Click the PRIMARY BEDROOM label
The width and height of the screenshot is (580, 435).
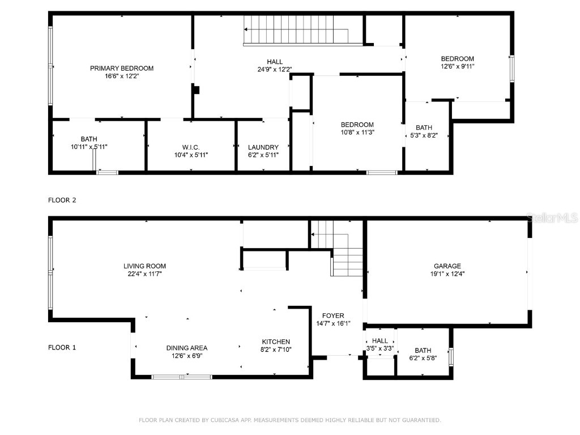(x=122, y=68)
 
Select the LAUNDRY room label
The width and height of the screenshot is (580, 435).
(x=263, y=147)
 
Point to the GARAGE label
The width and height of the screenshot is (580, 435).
(x=447, y=266)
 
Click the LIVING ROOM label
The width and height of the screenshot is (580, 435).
(x=145, y=266)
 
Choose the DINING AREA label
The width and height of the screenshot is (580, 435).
(x=187, y=348)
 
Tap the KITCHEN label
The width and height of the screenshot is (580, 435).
(x=276, y=342)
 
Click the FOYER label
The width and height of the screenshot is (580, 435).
(x=333, y=315)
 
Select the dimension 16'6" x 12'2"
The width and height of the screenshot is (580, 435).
(x=122, y=76)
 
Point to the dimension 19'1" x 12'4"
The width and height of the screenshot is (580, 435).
(x=447, y=274)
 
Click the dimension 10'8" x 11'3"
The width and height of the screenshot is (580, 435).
(x=357, y=133)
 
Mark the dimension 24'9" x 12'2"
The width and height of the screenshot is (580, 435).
(x=275, y=70)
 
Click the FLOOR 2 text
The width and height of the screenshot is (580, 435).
(x=62, y=200)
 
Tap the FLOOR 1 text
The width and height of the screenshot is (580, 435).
(x=62, y=348)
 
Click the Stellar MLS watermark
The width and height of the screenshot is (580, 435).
(x=552, y=217)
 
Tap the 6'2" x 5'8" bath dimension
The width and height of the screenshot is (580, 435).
(x=423, y=358)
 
